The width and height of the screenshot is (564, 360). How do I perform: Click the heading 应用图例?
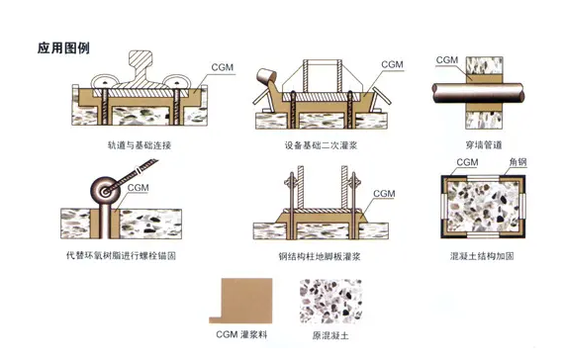click(x=63, y=47)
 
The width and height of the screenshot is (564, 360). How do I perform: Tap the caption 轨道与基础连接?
click(x=140, y=145)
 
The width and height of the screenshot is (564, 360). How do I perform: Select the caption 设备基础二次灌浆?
click(x=321, y=145)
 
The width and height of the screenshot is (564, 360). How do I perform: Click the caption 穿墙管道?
click(x=484, y=145)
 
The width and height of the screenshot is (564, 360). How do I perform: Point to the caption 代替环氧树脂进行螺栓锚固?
click(x=122, y=256)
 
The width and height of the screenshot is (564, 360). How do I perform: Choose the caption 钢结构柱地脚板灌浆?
click(x=320, y=256)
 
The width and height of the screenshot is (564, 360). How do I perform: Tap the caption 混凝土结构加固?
click(x=482, y=256)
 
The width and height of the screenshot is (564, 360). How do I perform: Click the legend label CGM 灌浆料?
click(x=241, y=335)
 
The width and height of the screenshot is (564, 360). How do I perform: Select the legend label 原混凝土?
click(x=330, y=336)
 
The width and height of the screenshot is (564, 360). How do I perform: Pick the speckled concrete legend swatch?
click(x=330, y=302)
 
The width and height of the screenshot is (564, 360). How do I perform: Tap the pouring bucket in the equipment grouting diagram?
click(x=265, y=76)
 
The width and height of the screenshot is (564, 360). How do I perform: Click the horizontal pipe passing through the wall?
click(x=478, y=93)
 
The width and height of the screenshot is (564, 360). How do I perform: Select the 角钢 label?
click(x=517, y=162)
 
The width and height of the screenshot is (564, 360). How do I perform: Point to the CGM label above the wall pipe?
click(x=446, y=60)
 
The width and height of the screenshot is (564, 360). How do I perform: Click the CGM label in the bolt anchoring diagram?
click(x=139, y=188)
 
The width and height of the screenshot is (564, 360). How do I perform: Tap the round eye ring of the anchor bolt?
click(x=105, y=191)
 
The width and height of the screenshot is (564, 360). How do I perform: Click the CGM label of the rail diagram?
click(x=223, y=67)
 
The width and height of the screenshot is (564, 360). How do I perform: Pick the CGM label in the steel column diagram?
click(x=384, y=194)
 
